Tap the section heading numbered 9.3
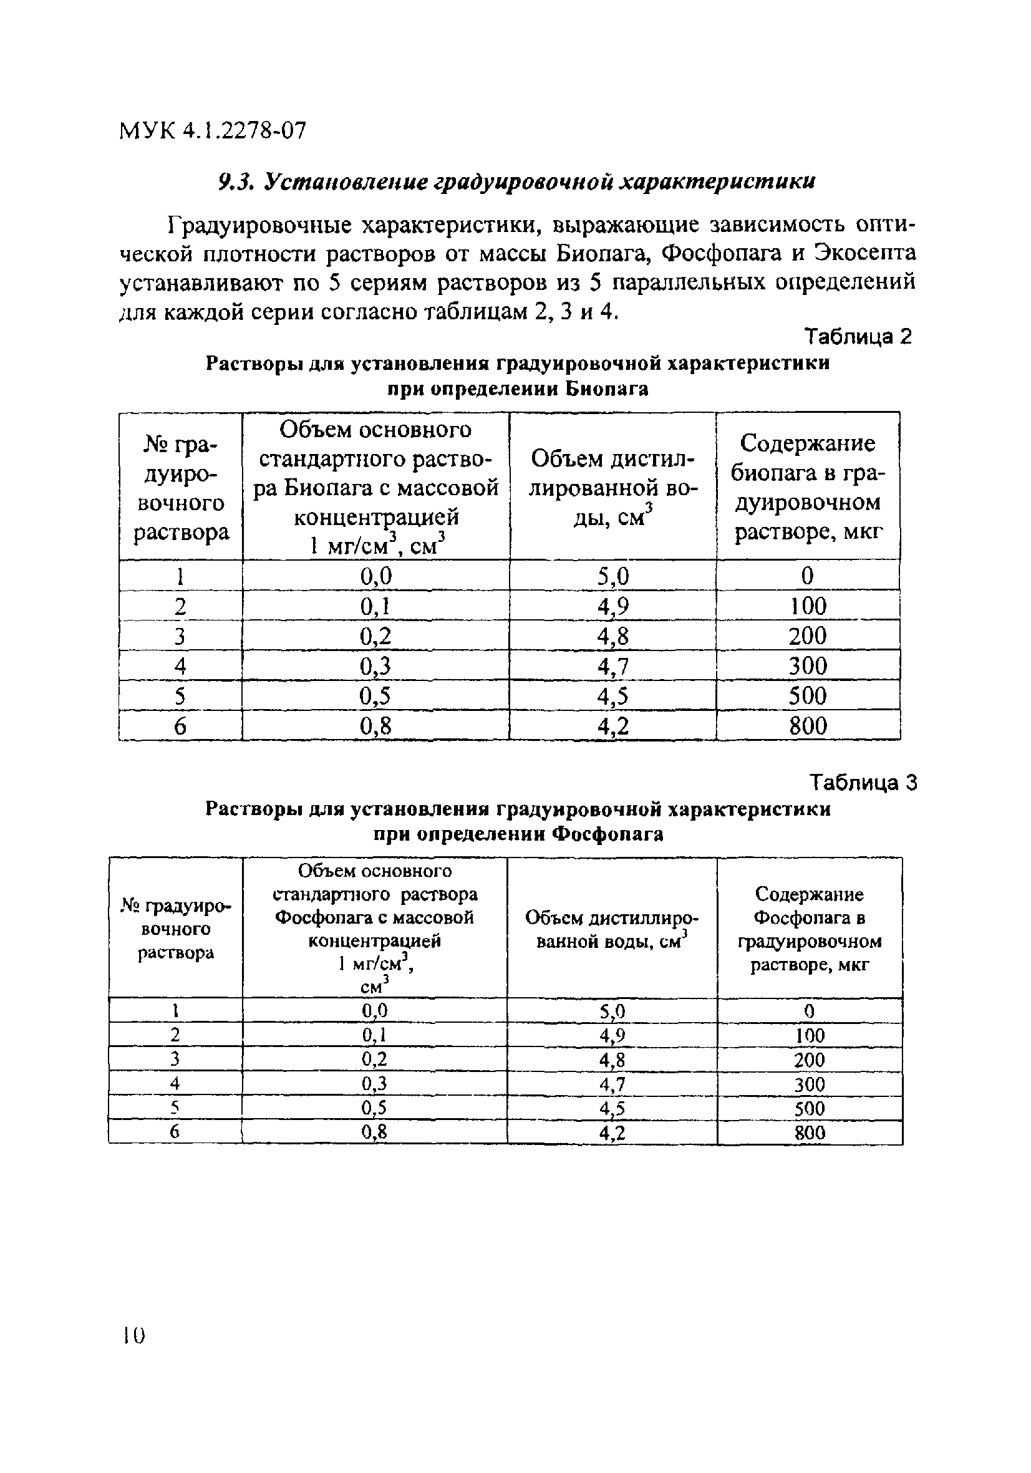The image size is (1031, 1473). click(516, 182)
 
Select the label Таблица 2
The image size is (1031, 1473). click(858, 337)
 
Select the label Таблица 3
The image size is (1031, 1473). click(863, 783)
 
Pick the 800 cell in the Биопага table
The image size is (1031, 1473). click(808, 727)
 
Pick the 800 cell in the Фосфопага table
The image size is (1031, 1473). click(809, 1133)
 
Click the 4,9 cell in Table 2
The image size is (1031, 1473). click(612, 606)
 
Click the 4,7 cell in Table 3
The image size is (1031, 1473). click(612, 1085)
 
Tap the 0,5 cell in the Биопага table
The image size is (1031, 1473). click(376, 696)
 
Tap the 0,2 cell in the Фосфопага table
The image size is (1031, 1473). click(375, 1060)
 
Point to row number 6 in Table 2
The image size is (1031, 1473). click(180, 727)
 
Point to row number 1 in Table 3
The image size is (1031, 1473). click(175, 1012)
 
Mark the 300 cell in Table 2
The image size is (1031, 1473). click(808, 666)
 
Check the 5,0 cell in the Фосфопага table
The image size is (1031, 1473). click(612, 1012)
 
